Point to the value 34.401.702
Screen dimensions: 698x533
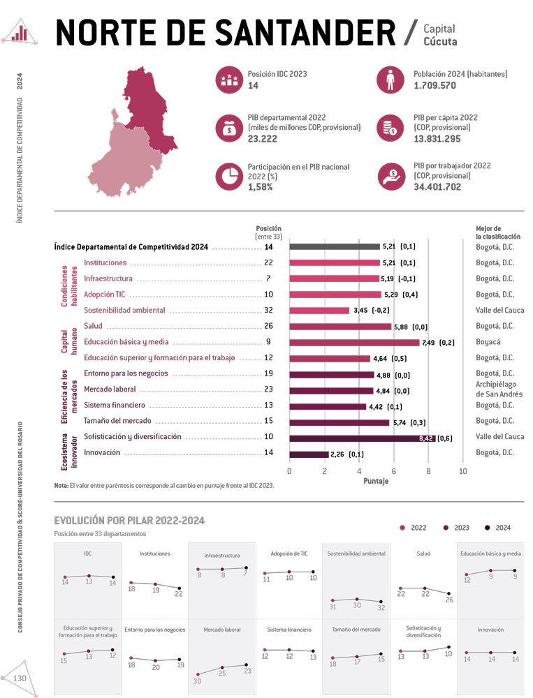point(447,187)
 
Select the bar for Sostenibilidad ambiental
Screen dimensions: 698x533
point(319,310)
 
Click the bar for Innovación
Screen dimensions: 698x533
point(309,454)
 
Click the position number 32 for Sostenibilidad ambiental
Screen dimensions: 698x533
point(268,310)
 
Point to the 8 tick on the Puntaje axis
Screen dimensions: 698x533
point(428,470)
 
